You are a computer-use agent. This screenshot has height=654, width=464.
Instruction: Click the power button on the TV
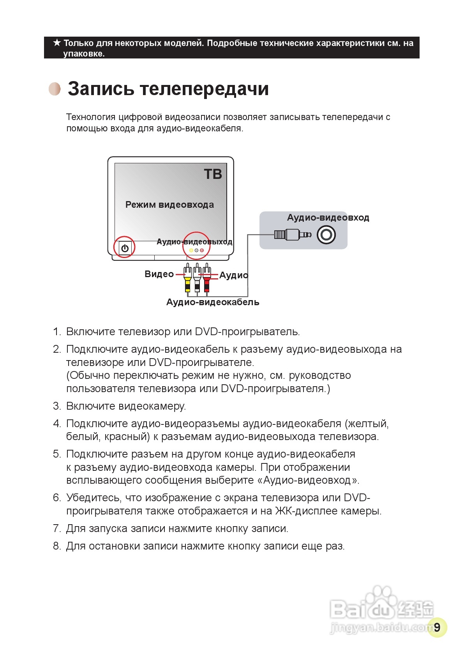pos(125,248)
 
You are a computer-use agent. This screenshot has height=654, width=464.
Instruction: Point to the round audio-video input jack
pos(326,235)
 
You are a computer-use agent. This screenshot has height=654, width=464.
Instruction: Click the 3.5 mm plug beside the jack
pos(292,235)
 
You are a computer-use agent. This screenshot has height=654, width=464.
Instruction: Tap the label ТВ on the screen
pos(213,174)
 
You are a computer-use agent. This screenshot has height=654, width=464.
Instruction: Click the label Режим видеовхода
pos(169,205)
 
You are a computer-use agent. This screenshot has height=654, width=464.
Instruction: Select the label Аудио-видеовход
pos(328,217)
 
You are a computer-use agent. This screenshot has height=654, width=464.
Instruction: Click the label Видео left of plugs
pos(159,274)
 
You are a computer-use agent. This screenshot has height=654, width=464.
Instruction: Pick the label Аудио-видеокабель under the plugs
pos(213,302)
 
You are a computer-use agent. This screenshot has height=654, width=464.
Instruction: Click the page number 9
pos(437,627)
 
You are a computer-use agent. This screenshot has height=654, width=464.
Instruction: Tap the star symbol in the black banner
pos(57,43)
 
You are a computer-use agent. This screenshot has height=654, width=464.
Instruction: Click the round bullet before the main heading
pos(55,89)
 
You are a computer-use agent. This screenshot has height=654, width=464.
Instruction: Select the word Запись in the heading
pos(101,88)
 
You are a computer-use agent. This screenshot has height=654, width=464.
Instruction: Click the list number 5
pos(57,454)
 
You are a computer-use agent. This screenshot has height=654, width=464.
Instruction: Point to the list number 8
pos(57,546)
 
